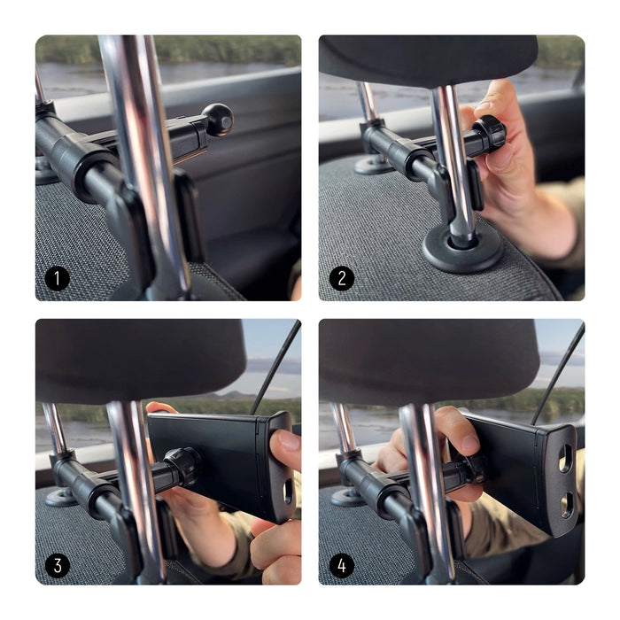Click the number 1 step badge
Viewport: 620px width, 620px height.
click(x=58, y=280)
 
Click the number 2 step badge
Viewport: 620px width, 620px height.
click(x=342, y=280)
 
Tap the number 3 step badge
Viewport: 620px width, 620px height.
click(x=58, y=564)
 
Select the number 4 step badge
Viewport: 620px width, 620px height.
click(x=342, y=564)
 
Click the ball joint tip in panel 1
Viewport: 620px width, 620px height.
click(x=217, y=118)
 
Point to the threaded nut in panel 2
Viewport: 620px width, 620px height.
click(x=487, y=133)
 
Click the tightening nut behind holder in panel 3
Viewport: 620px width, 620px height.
click(x=184, y=466)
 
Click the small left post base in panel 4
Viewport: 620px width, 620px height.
click(x=346, y=496)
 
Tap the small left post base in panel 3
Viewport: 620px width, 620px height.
click(x=61, y=496)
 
